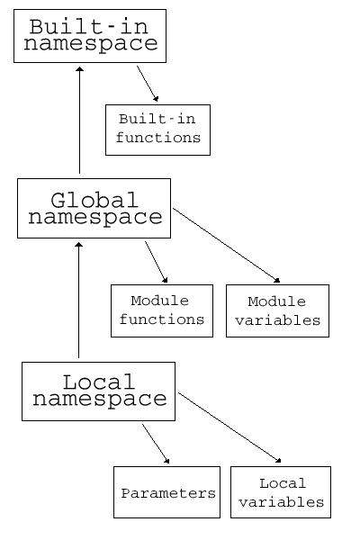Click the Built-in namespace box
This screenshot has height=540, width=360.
(x=90, y=36)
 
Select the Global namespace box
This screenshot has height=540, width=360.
(x=94, y=209)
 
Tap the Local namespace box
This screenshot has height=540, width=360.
(x=98, y=391)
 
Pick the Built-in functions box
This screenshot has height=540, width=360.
(x=157, y=130)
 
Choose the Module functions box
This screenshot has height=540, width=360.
(x=162, y=311)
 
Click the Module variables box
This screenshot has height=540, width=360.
(x=278, y=311)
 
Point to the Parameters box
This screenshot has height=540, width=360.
(x=167, y=492)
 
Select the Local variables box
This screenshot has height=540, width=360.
(x=281, y=492)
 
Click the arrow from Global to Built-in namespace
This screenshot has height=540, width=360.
(x=79, y=121)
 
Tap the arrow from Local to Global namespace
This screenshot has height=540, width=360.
(x=79, y=300)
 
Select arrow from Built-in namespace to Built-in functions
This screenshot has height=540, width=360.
(x=148, y=84)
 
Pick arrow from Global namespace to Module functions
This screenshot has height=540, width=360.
(x=156, y=262)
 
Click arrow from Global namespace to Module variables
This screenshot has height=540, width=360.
(x=226, y=245)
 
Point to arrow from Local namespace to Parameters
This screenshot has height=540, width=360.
(x=156, y=444)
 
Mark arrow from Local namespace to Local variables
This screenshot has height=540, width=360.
(x=229, y=427)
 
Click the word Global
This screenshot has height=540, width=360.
(x=94, y=200)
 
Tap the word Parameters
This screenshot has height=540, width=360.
(x=168, y=493)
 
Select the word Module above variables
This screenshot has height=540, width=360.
(x=277, y=301)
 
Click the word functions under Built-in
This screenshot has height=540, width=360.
(x=158, y=138)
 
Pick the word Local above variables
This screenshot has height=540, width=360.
(x=283, y=483)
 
